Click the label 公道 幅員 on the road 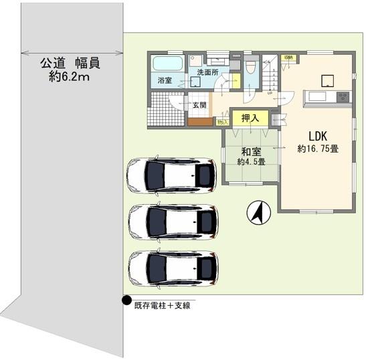(70, 64)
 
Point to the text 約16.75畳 (318, 149)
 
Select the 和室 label (250, 151)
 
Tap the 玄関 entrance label (199, 105)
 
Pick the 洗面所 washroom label (207, 72)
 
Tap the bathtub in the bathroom (167, 64)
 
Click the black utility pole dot (126, 300)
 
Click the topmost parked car (171, 175)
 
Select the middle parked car (173, 221)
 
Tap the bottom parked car (173, 268)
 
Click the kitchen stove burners (341, 96)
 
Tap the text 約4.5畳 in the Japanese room (251, 161)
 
